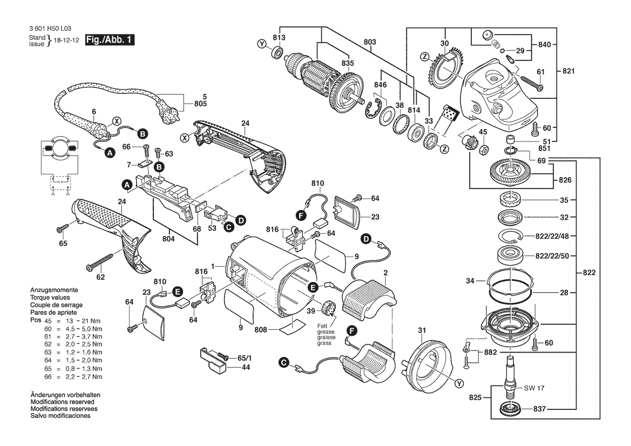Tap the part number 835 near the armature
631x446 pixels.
[348, 64]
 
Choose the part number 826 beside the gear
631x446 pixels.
[565, 179]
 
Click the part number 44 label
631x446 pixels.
[246, 367]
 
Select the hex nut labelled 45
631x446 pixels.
[484, 149]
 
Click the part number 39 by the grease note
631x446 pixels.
[310, 312]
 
